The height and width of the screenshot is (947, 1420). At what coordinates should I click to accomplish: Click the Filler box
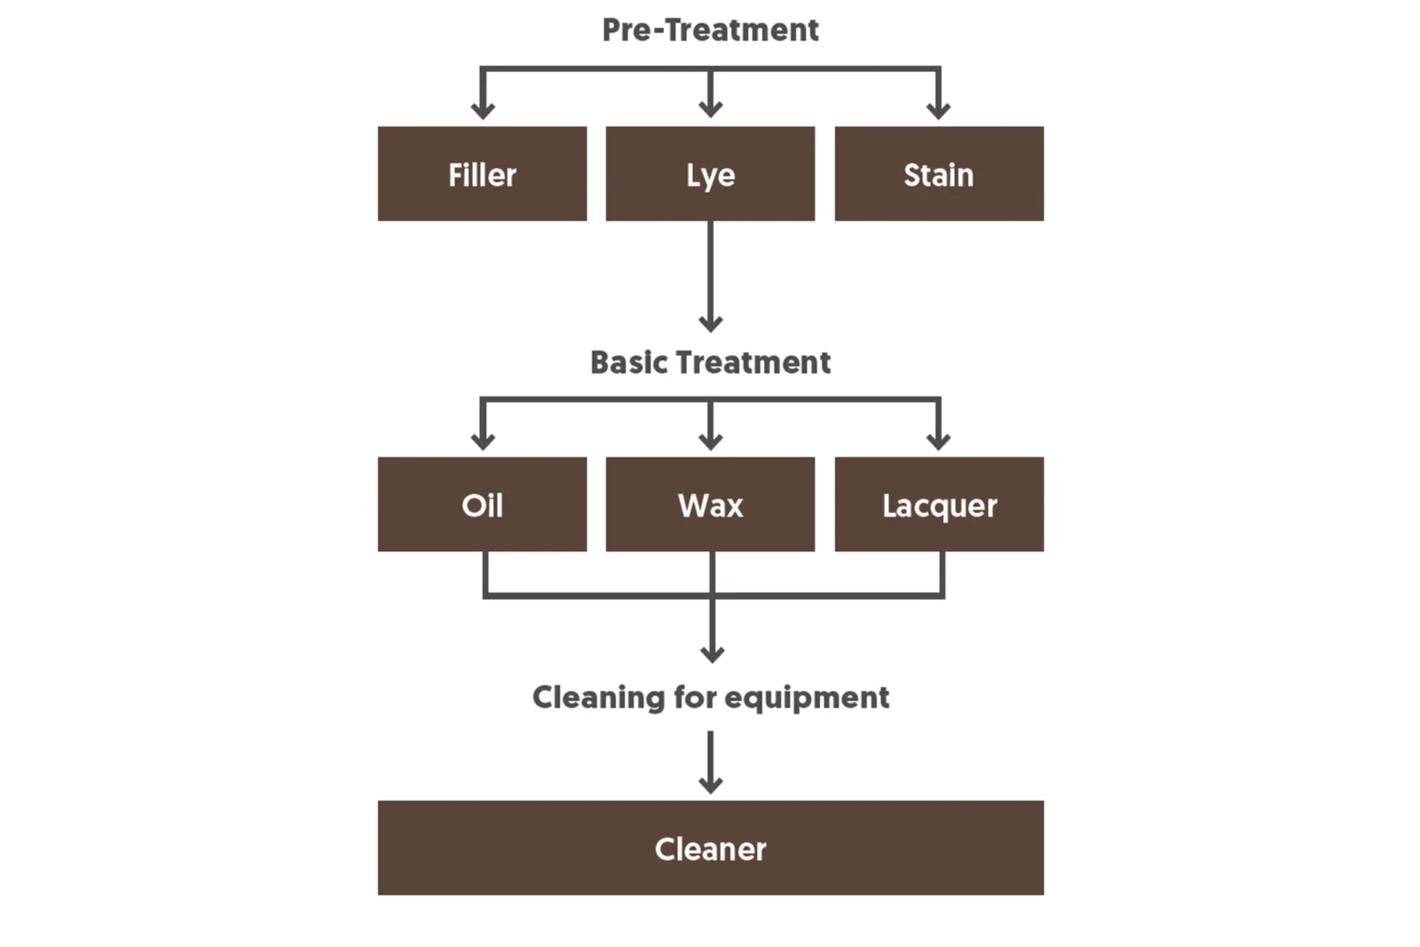click(482, 174)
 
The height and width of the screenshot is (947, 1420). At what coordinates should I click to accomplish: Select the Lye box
click(710, 174)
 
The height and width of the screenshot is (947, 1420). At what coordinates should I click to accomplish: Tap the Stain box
click(938, 174)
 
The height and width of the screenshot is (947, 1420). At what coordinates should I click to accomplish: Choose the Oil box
click(482, 504)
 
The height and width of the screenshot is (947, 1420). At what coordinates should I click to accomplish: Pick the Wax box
click(710, 504)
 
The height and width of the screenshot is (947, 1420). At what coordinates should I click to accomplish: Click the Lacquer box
click(938, 504)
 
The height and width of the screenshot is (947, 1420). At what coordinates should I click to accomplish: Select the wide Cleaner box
click(710, 848)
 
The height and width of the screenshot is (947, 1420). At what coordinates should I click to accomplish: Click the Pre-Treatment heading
click(710, 30)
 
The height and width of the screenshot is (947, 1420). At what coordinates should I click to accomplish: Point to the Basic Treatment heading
click(710, 362)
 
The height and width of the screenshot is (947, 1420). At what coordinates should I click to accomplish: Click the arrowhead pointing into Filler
click(483, 110)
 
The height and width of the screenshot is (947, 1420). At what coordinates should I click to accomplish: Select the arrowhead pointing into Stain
click(938, 110)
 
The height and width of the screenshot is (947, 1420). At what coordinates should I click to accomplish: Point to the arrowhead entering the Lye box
click(710, 109)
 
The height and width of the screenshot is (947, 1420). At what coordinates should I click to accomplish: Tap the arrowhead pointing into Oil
click(483, 440)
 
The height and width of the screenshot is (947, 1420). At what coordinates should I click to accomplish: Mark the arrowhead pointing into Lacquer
click(938, 440)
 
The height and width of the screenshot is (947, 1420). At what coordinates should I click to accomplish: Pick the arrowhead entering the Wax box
click(710, 440)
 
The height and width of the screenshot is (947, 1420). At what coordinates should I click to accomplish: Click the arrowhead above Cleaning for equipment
click(712, 654)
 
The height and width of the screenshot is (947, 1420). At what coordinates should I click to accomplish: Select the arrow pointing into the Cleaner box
click(710, 763)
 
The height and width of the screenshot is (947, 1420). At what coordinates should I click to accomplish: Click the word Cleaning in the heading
click(598, 698)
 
